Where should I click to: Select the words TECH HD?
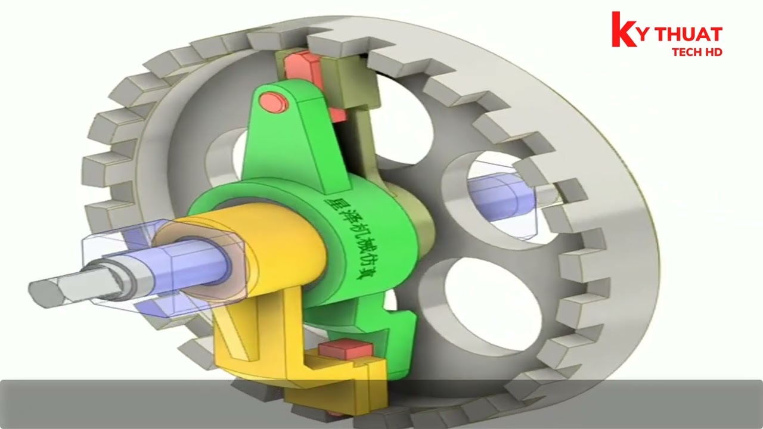[697, 52]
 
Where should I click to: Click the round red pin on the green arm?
[274, 102]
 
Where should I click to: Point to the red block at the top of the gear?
[301, 66]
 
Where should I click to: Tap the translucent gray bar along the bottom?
[381, 404]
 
